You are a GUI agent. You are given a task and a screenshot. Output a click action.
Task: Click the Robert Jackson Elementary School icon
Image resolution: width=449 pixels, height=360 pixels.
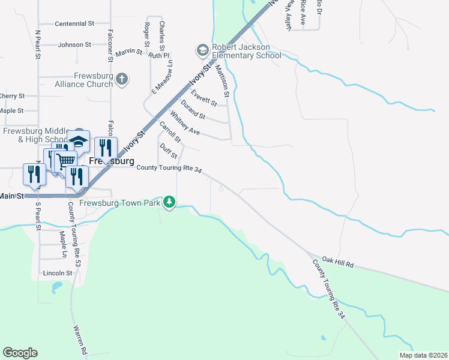pyautogui.click(x=202, y=49)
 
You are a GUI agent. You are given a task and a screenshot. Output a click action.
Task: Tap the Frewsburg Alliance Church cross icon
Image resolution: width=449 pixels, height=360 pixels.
pyautogui.click(x=122, y=79)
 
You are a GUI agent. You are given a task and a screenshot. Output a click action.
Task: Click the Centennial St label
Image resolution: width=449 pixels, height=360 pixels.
pyautogui.click(x=74, y=24)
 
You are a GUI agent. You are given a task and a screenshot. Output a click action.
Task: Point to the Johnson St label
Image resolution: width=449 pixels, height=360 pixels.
pyautogui.click(x=74, y=44)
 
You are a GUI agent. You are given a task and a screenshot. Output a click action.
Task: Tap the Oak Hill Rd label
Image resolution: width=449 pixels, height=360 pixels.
pyautogui.click(x=338, y=263)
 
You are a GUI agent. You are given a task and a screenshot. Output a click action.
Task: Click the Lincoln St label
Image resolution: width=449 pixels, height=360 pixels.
pyautogui.click(x=58, y=273)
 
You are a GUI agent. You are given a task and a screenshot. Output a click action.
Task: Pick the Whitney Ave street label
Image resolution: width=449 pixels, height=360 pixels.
pyautogui.click(x=185, y=122)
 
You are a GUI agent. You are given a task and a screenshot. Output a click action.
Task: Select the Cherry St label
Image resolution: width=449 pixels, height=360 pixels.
pyautogui.click(x=12, y=96)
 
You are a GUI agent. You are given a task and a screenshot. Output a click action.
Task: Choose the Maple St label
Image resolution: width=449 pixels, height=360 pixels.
pyautogui.click(x=11, y=111)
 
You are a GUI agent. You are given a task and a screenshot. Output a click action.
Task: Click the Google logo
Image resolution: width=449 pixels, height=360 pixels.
pyautogui.click(x=20, y=353)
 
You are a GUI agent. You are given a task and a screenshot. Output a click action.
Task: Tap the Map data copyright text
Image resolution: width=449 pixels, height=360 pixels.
pyautogui.click(x=423, y=355)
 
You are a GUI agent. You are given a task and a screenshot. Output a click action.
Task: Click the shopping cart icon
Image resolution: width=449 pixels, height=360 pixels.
pyautogui.click(x=66, y=160)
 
